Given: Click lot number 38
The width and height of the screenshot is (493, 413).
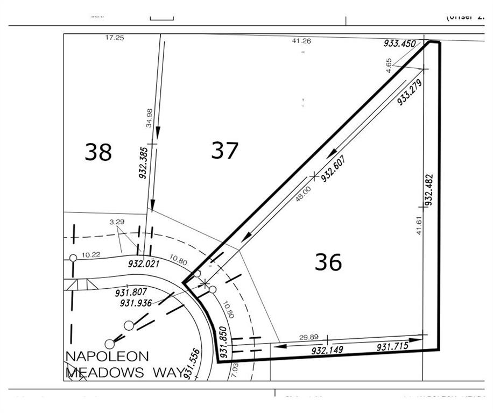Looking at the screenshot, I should click(x=98, y=152).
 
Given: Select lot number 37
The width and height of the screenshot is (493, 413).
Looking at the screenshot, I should click(x=224, y=151).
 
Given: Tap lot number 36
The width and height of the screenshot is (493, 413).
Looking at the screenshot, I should click(x=328, y=262).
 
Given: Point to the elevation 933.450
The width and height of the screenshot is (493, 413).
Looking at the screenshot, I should click(x=400, y=43).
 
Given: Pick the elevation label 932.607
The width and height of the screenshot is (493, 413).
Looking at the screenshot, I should click(x=333, y=169).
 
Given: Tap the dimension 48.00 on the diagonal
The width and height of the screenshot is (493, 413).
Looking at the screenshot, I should click(x=303, y=194).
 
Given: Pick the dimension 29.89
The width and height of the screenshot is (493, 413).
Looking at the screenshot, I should click(x=308, y=337).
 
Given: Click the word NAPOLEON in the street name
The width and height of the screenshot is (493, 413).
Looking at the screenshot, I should click(x=107, y=357).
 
